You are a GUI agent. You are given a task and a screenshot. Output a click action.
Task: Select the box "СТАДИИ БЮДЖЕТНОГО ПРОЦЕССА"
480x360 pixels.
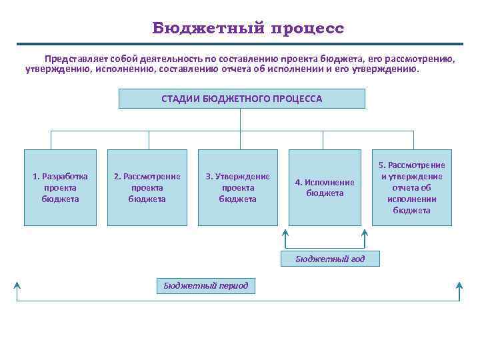point(241,99)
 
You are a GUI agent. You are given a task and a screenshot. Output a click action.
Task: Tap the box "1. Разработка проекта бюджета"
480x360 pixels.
point(60,187)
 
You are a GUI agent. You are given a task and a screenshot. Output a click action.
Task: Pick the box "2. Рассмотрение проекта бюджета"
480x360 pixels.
point(147,187)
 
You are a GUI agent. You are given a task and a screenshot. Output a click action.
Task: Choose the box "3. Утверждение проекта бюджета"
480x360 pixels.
point(238,187)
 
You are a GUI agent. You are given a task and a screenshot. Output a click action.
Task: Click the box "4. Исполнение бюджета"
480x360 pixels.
point(325,187)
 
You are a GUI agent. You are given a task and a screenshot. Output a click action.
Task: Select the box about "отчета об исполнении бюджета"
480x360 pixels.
point(411,187)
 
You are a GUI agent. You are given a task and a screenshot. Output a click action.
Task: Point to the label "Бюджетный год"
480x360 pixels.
point(330,259)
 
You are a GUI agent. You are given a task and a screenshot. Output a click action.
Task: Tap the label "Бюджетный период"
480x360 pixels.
point(205,286)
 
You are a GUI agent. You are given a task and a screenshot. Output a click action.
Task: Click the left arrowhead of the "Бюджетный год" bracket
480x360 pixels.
point(285,234)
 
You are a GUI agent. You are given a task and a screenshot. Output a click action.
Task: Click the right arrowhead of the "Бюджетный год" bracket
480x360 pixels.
point(365,234)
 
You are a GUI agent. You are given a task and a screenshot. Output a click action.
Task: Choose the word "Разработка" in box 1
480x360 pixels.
point(65,177)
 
